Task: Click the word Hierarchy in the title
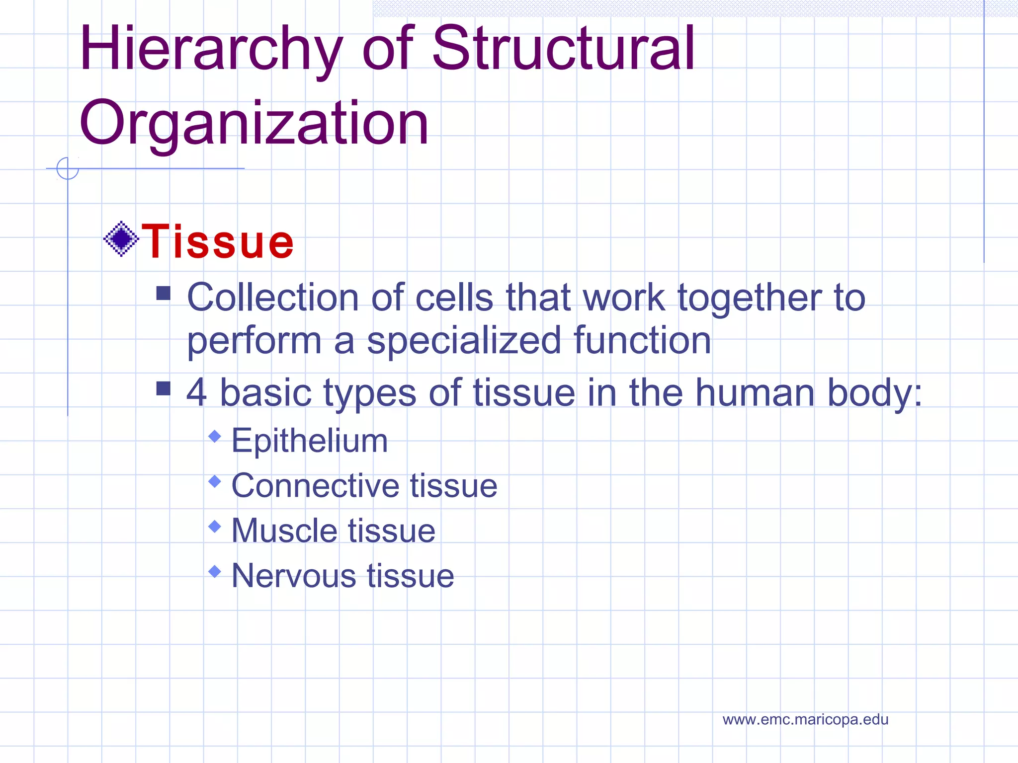coord(211,50)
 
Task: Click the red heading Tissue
coord(218,241)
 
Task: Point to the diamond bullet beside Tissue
coord(121,239)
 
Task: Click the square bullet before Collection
coord(163,293)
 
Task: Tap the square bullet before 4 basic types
coord(163,388)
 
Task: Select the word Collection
coord(272,298)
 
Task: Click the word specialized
coord(464,342)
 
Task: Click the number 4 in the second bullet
coord(197,392)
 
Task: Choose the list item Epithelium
coord(309,441)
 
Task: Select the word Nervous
coord(293,576)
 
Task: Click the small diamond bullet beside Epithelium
coord(215,437)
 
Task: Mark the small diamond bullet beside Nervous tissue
coord(215,572)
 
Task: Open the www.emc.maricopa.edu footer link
coord(805,719)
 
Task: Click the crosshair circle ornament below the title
coord(68,168)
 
